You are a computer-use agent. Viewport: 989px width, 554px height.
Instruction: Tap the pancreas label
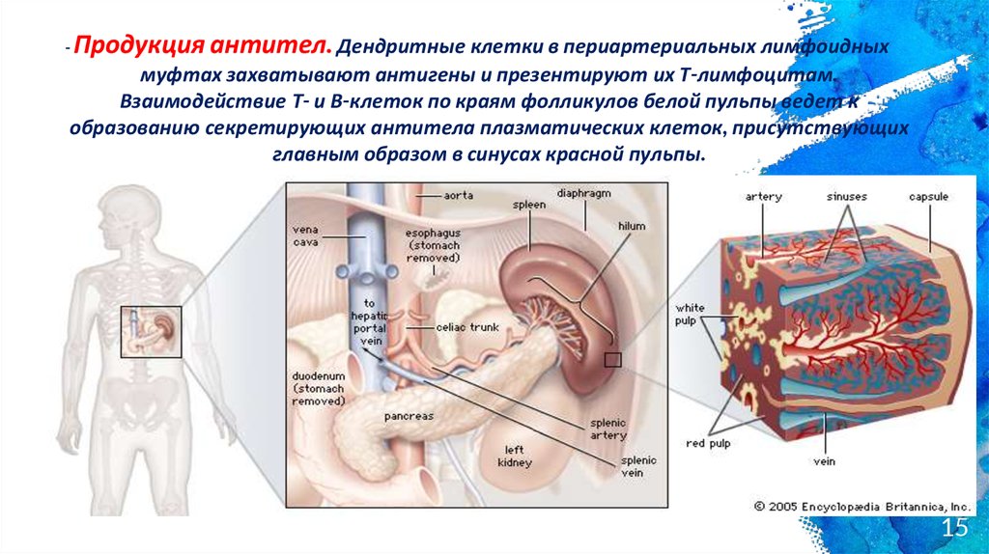[x=409, y=416]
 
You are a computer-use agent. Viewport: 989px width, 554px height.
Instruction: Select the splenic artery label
[x=609, y=429]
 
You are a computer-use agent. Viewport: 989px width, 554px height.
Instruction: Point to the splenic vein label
[x=609, y=467]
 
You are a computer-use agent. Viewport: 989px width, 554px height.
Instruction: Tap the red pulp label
[x=709, y=443]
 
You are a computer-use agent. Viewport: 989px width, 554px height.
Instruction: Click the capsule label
[x=928, y=197]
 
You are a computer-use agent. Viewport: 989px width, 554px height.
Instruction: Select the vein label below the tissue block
[x=824, y=461]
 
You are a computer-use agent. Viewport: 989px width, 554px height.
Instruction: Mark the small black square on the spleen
[x=611, y=360]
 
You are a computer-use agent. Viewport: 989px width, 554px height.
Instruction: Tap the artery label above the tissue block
[x=763, y=197]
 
